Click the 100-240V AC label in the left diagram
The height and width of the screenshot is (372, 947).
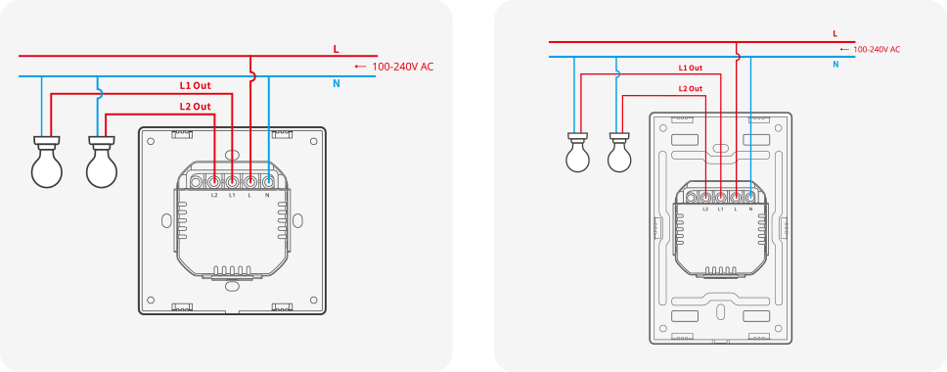pos(403,67)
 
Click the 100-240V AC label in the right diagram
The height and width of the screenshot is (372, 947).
pos(876,50)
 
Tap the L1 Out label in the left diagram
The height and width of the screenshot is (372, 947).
pos(195,86)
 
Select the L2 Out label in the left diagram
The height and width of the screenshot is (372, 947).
pos(195,107)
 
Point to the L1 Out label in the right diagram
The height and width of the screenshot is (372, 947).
pos(691,69)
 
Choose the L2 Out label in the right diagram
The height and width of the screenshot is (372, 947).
pos(691,88)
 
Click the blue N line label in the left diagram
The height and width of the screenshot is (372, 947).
pos(337,84)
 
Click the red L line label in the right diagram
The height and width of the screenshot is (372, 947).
pos(834,34)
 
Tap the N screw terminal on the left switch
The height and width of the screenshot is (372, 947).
pos(267,181)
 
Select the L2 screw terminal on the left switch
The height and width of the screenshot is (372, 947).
pos(214,181)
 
